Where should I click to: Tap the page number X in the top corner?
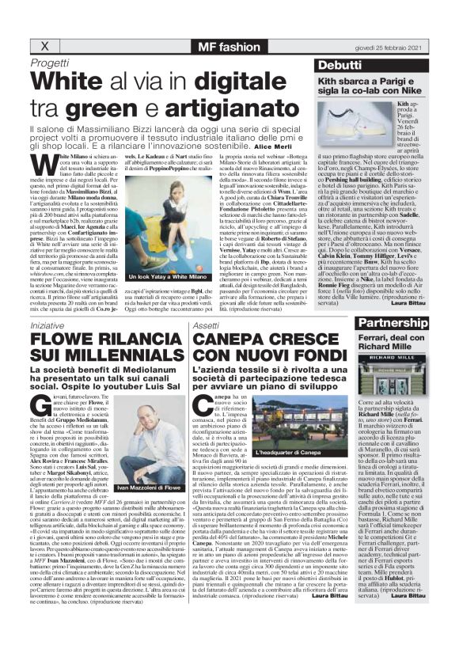[x=35, y=44]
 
